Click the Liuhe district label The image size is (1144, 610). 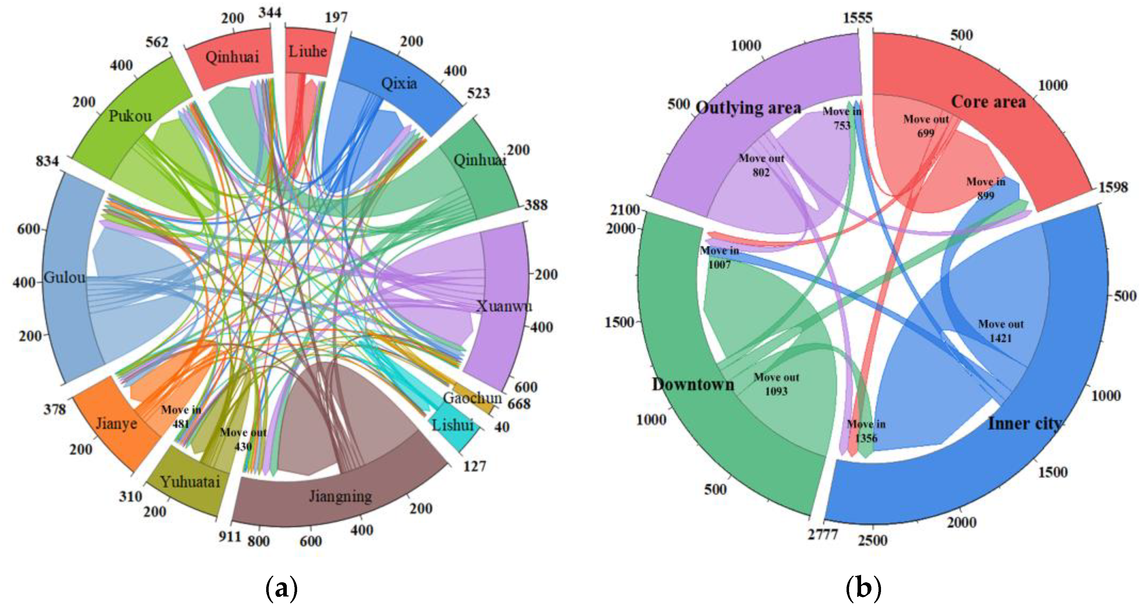point(307,52)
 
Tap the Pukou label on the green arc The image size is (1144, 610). point(130,116)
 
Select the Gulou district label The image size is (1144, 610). point(64,277)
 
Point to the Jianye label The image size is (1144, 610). point(116,423)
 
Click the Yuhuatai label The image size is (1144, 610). point(190,482)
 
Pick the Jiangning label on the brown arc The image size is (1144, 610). point(340,496)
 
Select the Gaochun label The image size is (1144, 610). point(472,398)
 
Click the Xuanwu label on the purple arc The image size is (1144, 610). point(504,306)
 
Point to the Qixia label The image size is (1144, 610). point(399,83)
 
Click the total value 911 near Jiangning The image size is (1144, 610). point(230,537)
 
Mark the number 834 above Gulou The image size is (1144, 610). point(47,161)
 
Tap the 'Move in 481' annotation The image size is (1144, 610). point(181,416)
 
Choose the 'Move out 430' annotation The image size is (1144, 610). point(243,439)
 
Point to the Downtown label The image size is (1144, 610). point(693,384)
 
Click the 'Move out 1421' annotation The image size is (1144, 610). point(1000,331)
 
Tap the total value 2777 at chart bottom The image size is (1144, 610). point(822,534)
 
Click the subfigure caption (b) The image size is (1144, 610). point(863,588)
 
